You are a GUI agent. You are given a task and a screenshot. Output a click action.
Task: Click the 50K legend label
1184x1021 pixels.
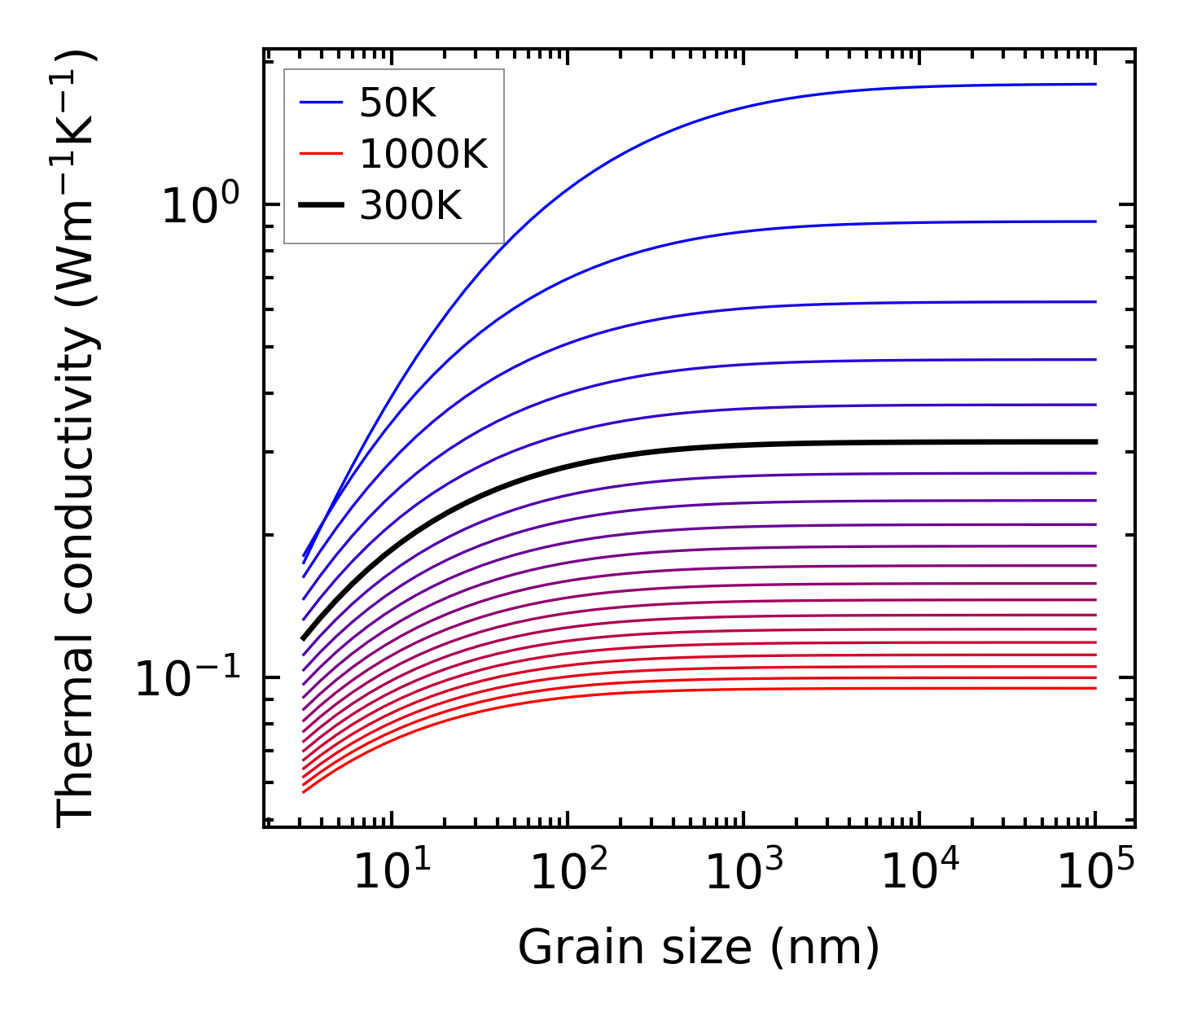click(398, 103)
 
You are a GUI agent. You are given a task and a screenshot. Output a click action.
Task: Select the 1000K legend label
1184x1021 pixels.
click(423, 155)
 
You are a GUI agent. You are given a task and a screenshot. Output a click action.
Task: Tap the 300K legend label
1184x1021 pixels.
click(411, 207)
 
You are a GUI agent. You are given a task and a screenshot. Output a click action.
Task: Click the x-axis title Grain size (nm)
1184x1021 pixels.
click(699, 948)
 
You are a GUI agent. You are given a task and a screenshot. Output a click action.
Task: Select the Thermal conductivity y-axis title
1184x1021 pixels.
click(77, 438)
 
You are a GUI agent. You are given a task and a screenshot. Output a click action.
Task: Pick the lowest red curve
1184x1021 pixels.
click(651, 694)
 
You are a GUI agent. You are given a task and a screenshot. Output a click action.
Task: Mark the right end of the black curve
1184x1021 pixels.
click(1095, 441)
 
